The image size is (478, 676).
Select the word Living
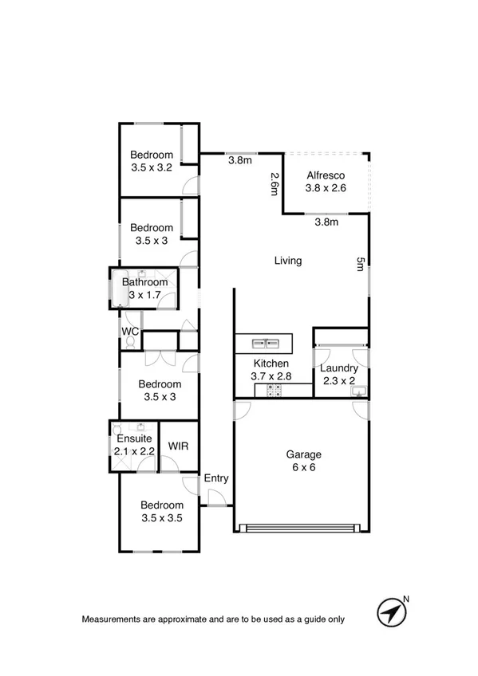point(288,261)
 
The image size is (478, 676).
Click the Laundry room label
point(339,368)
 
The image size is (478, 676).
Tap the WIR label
point(178,446)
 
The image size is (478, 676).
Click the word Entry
point(216,478)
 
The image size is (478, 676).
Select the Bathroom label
point(145,281)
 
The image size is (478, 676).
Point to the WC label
point(130,331)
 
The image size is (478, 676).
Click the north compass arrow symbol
point(391,612)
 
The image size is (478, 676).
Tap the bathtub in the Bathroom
point(119,288)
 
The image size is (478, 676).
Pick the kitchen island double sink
point(264,344)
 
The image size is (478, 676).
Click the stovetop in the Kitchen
point(274,390)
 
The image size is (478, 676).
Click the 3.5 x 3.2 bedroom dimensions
point(152,167)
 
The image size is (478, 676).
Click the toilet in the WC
point(129,343)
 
